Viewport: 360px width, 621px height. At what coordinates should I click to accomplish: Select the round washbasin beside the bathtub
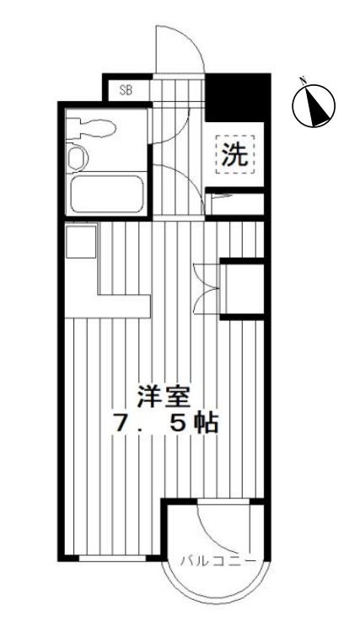[78, 158]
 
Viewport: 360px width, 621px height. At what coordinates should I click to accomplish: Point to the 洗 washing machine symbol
[234, 153]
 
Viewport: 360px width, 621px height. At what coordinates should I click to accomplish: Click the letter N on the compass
[304, 82]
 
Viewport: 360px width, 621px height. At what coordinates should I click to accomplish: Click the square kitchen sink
[83, 242]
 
